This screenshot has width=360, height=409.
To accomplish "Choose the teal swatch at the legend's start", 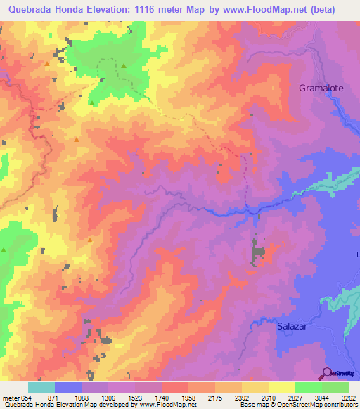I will pyautogui.click(x=41, y=388).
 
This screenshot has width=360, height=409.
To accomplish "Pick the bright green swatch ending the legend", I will pyautogui.click(x=335, y=388).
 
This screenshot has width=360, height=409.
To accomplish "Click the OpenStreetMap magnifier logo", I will pyautogui.click(x=326, y=372).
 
